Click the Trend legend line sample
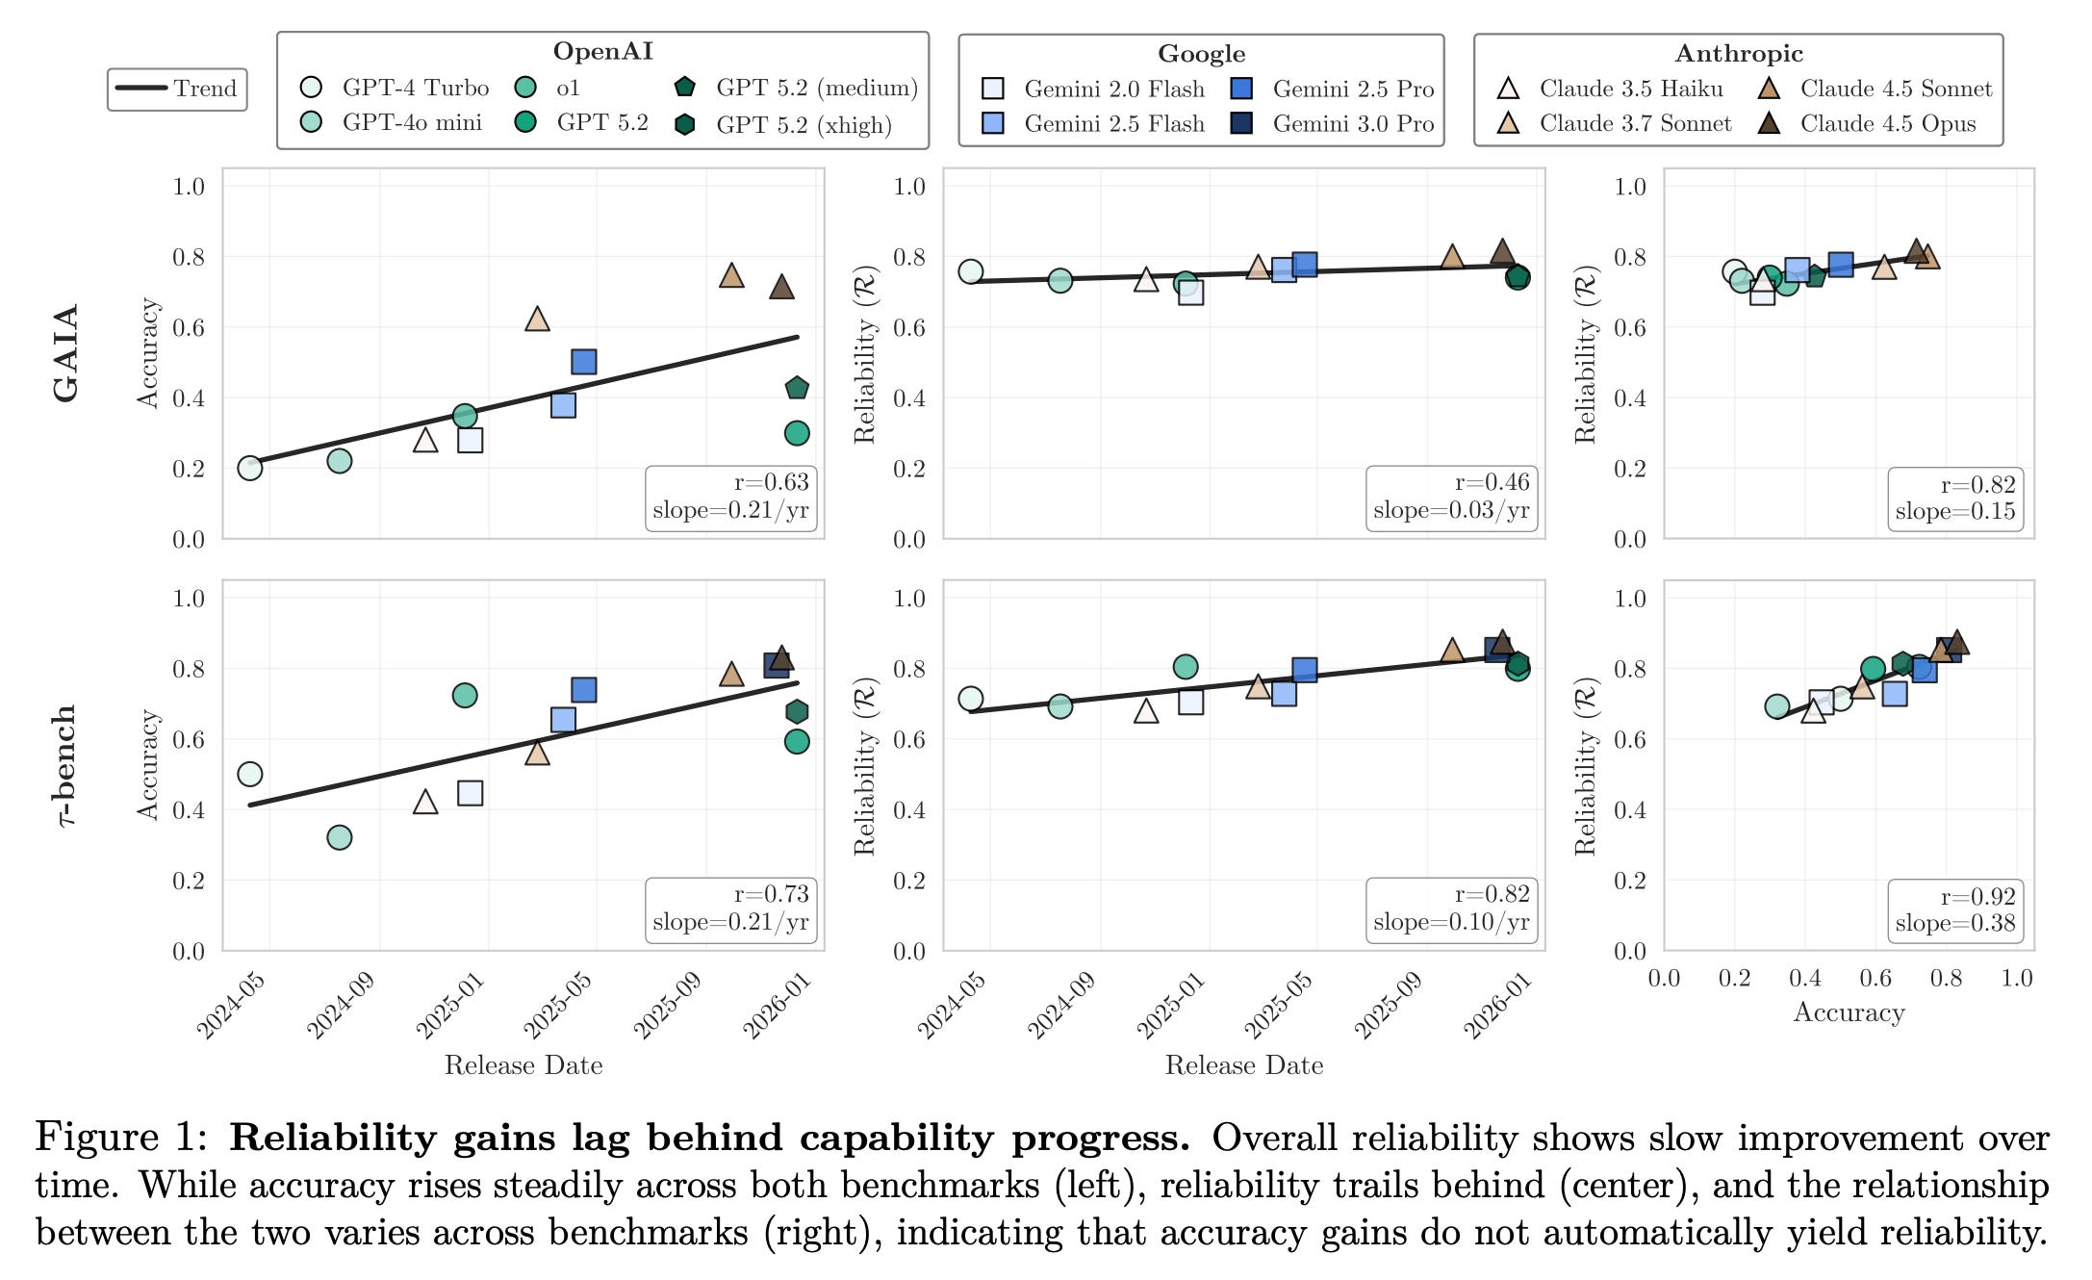[x=140, y=89]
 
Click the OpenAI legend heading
[x=602, y=52]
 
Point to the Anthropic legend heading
[x=1738, y=54]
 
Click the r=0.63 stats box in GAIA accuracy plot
[x=730, y=497]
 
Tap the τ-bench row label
[x=65, y=765]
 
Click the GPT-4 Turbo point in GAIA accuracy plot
[x=250, y=469]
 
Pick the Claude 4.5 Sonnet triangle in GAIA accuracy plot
[x=731, y=276]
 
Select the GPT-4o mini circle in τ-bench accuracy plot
[x=339, y=837]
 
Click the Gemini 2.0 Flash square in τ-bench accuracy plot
[x=470, y=793]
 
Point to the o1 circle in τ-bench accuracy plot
[x=464, y=695]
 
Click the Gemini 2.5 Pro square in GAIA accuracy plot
[x=583, y=362]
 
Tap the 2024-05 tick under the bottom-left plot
[x=231, y=1006]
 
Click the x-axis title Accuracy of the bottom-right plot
[x=1849, y=1012]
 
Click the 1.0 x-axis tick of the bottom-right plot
[x=2016, y=979]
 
